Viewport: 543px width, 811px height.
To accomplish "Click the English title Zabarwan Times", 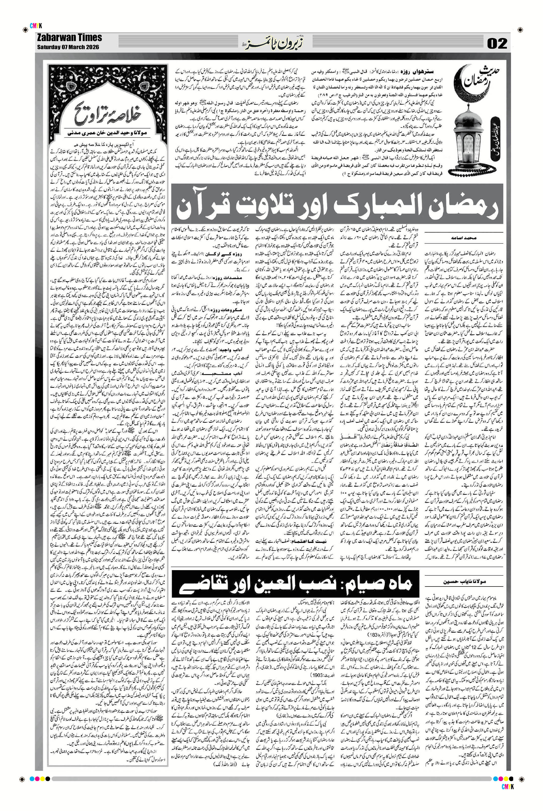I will point(69,38).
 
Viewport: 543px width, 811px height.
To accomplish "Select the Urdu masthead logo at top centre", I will point(272,43).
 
